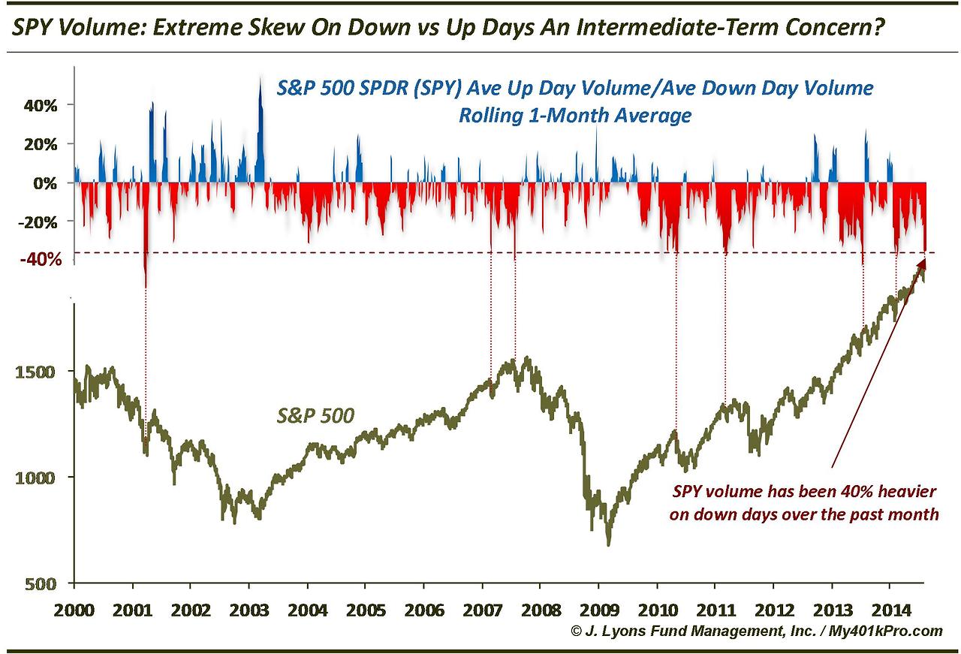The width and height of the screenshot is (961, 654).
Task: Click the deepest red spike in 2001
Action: coord(145,285)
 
